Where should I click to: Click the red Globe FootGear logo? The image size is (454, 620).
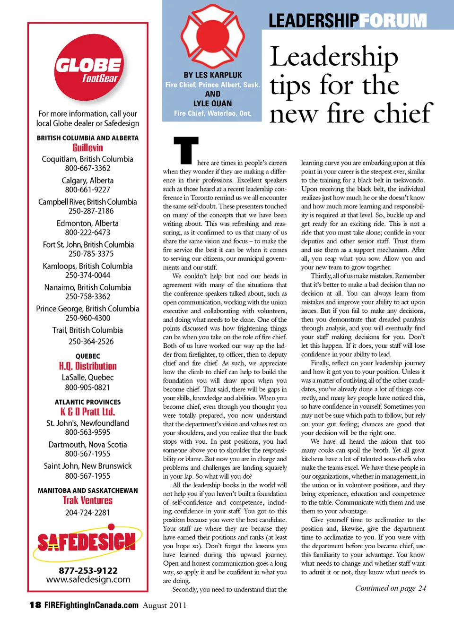coord(88,69)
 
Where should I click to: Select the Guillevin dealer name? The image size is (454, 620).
coord(87,148)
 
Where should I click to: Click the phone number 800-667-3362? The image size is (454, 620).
coord(87,168)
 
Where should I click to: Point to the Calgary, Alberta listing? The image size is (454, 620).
coord(87,181)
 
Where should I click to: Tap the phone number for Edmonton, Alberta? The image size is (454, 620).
coord(87,232)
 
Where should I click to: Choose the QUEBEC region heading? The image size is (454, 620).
coord(87,356)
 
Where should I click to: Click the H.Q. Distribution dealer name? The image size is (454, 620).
coord(87,366)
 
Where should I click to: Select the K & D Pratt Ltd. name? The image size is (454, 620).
coord(87,412)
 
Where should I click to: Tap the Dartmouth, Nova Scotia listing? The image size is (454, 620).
coord(87,445)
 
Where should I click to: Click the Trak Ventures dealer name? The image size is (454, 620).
coord(87,500)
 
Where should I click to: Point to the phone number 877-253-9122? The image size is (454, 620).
coord(88,570)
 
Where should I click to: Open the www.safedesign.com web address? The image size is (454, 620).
coord(88,579)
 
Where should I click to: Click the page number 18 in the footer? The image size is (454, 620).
coord(35,605)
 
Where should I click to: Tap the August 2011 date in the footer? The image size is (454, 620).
coord(165,605)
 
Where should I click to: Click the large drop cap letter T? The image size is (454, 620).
coord(186,150)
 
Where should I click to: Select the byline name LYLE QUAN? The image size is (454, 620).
coord(212,103)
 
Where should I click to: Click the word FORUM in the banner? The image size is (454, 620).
coord(393,21)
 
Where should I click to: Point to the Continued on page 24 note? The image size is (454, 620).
coord(390,588)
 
